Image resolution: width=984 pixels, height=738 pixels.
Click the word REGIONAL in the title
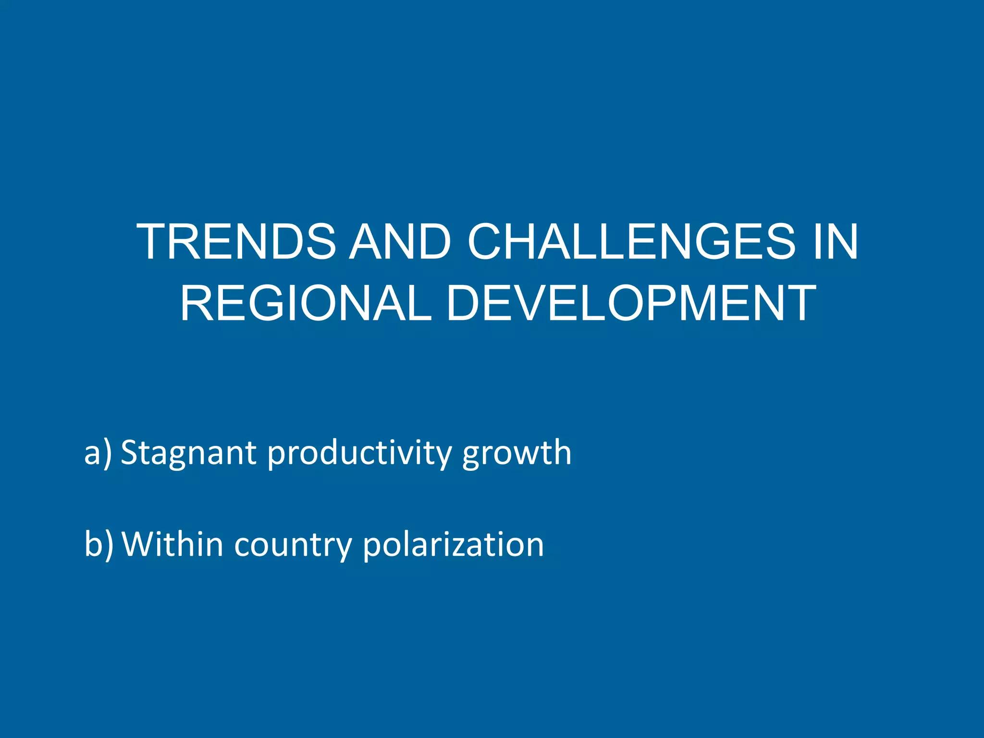point(306,303)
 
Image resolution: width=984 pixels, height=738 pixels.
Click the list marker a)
point(98,453)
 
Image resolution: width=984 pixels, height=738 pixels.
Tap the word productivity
point(359,453)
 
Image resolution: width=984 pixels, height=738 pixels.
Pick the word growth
point(517,453)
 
